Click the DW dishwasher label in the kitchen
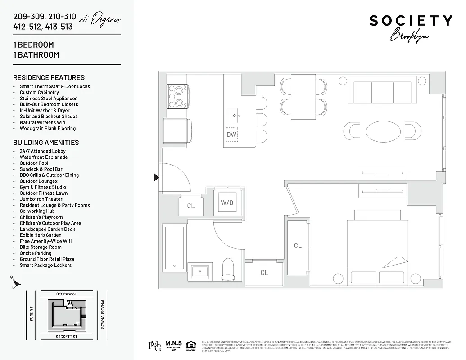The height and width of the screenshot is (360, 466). (231, 134)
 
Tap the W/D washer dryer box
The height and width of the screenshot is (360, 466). (227, 202)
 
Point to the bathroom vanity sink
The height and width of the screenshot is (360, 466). (199, 272)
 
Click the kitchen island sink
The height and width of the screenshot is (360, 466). (235, 115)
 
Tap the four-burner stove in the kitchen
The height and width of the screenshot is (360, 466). (175, 96)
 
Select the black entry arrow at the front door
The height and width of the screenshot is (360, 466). (156, 177)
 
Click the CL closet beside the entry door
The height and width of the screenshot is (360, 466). (191, 206)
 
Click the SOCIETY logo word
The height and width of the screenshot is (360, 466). (411, 21)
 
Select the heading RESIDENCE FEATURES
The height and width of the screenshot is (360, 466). (49, 77)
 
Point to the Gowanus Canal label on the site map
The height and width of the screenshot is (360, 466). (103, 314)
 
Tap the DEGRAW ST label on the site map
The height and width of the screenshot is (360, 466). (67, 294)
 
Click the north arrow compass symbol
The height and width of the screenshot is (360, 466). (16, 283)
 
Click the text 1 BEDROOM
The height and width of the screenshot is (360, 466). (33, 45)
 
